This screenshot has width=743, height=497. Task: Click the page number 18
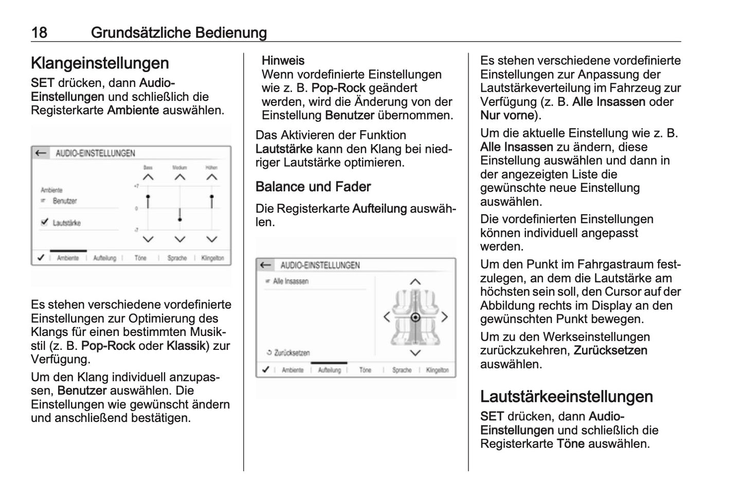coord(39,33)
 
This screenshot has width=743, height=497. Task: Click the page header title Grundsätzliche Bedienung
coord(178,33)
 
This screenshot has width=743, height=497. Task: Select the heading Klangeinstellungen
coord(100,63)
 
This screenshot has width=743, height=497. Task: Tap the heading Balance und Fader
coord(313,187)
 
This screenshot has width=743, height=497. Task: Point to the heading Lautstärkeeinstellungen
coord(566,397)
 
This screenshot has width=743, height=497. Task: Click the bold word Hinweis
coord(283,61)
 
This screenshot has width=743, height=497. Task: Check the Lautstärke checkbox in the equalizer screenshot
coord(44,223)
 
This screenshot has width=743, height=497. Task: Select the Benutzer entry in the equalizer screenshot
coord(64,201)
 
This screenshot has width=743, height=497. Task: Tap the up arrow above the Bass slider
coord(148,177)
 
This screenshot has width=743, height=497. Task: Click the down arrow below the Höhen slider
coord(211,239)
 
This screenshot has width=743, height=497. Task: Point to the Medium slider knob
coord(179,219)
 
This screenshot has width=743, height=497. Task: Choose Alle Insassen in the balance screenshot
coord(290,281)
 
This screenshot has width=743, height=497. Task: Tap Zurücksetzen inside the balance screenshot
coord(291,353)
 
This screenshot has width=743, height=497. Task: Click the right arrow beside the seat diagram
coord(444,317)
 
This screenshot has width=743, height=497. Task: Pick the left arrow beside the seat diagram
coord(387,317)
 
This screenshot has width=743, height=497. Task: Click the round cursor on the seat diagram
coord(415,317)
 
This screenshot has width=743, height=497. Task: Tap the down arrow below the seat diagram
coord(415,353)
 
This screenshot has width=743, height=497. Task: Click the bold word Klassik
coord(186,346)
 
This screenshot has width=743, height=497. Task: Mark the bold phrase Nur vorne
coord(507,115)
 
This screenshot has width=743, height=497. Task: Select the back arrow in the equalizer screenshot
coord(41,153)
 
